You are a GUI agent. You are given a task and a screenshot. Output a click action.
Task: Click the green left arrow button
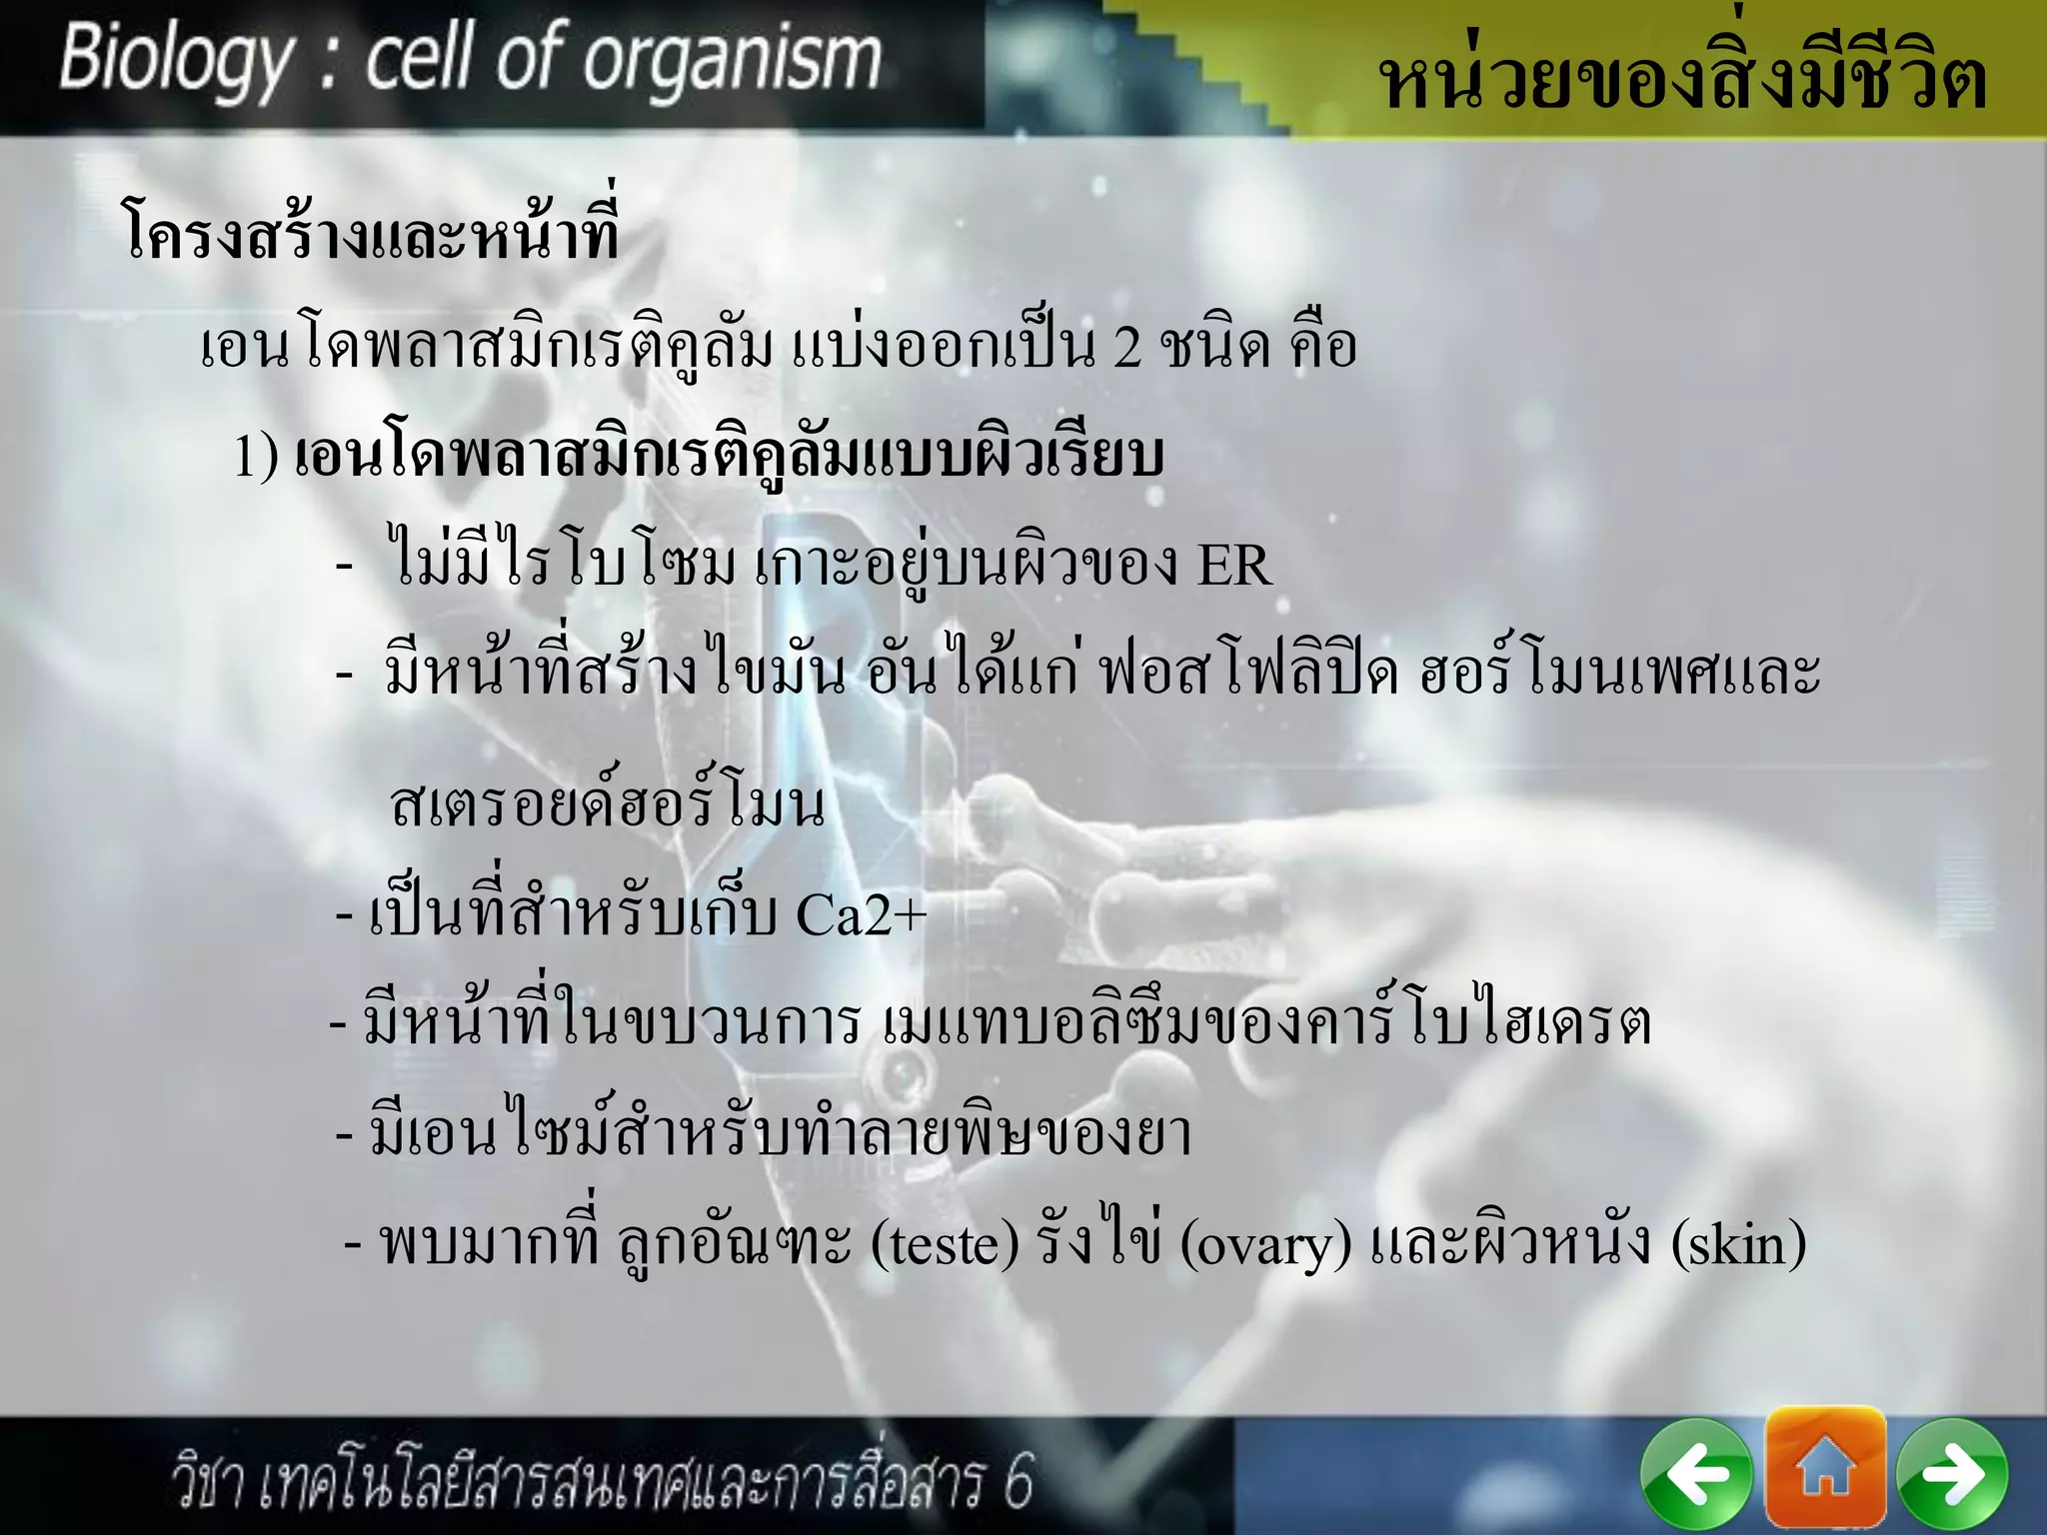(x=1695, y=1474)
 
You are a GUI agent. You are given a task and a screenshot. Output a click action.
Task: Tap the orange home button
(x=1825, y=1466)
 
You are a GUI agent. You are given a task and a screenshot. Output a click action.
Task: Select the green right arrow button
(x=1952, y=1474)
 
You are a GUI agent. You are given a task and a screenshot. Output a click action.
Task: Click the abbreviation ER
(x=1233, y=566)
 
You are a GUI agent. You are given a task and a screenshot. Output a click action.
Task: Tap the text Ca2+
(x=861, y=913)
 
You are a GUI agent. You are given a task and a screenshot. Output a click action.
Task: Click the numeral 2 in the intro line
(x=1126, y=348)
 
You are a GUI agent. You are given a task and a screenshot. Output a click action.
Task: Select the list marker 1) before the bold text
(x=256, y=456)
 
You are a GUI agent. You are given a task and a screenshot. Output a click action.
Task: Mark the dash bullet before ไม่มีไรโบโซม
(x=345, y=567)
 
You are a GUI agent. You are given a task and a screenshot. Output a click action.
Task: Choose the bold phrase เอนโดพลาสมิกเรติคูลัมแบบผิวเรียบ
(x=730, y=456)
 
